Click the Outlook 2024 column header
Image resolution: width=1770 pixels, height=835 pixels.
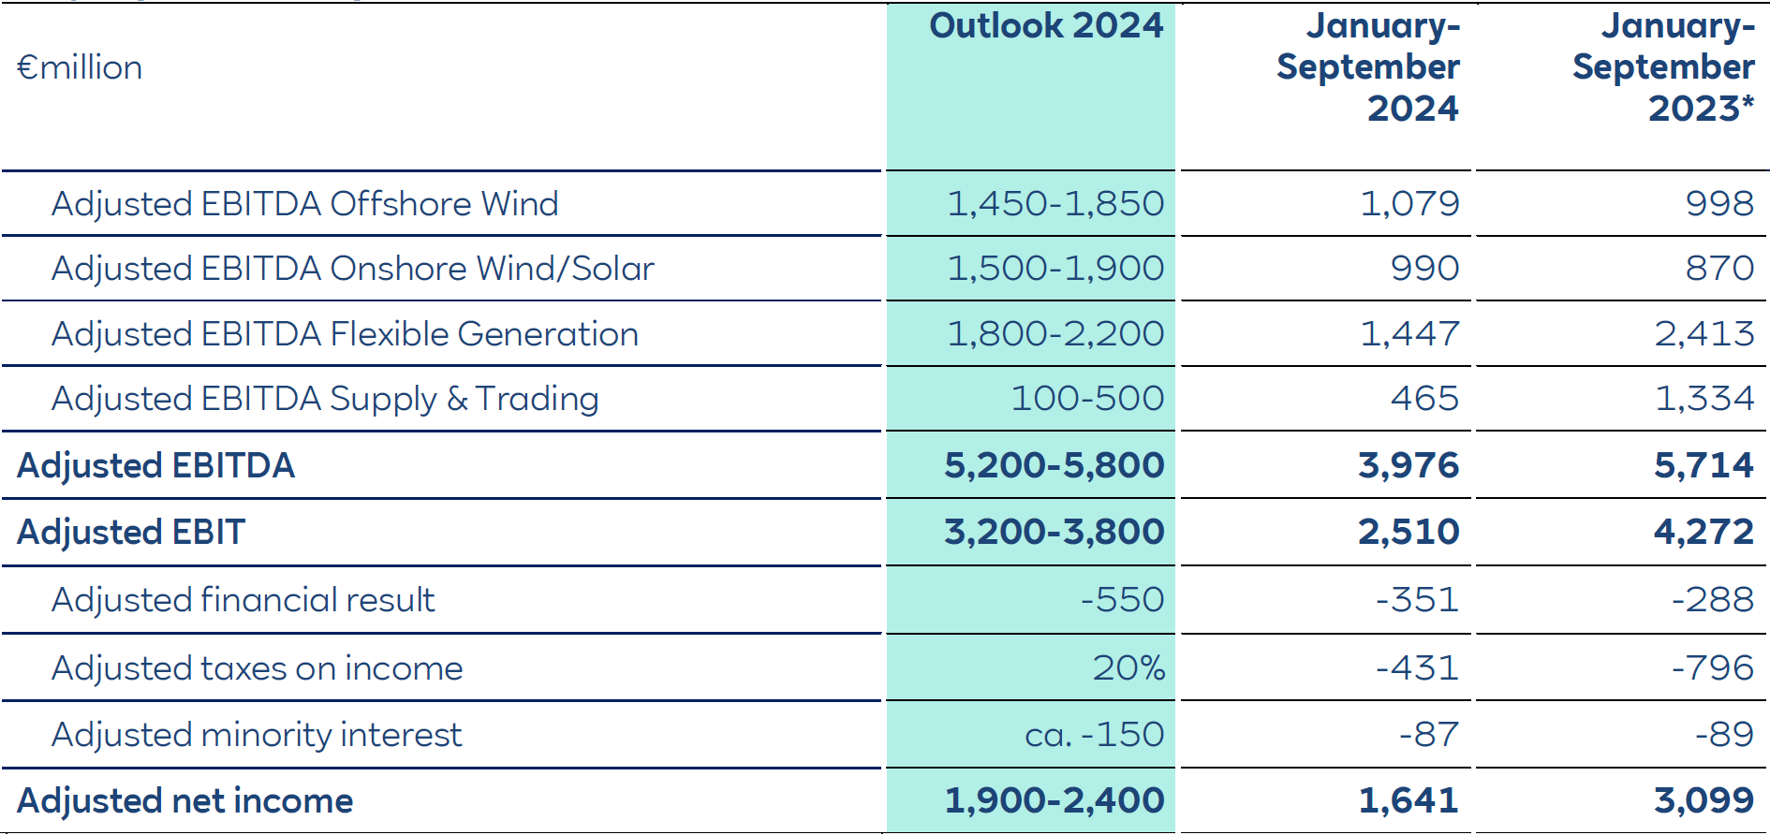point(1046,25)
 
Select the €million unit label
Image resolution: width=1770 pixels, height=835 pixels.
point(80,67)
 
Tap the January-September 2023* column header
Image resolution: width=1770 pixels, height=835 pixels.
point(1663,66)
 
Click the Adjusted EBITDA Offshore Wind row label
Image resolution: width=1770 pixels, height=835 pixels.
point(304,204)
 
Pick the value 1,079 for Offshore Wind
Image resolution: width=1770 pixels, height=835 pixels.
point(1409,204)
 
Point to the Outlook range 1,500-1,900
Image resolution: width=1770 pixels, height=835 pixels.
point(1055,269)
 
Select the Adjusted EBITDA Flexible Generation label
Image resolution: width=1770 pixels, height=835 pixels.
point(345,334)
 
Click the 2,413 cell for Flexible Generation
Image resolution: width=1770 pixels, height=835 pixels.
point(1704,334)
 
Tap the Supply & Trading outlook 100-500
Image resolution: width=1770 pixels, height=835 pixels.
point(1087,399)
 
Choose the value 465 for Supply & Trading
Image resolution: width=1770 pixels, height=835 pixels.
point(1424,399)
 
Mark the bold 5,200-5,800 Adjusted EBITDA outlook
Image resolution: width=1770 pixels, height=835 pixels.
point(1054,465)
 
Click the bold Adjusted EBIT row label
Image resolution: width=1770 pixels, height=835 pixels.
point(131,532)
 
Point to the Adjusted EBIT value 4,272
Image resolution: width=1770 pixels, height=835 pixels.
point(1704,532)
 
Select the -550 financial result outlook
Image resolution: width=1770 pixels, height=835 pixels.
point(1122,599)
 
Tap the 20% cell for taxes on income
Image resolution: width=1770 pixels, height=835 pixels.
point(1128,667)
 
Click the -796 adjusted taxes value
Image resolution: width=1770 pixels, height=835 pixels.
point(1713,667)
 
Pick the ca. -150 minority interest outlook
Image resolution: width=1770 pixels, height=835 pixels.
point(1095,735)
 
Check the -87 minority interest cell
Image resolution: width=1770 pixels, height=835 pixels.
point(1429,735)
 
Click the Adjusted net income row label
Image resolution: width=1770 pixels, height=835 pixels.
point(184,801)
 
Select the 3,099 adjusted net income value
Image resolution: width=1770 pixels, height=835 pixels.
point(1704,801)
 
